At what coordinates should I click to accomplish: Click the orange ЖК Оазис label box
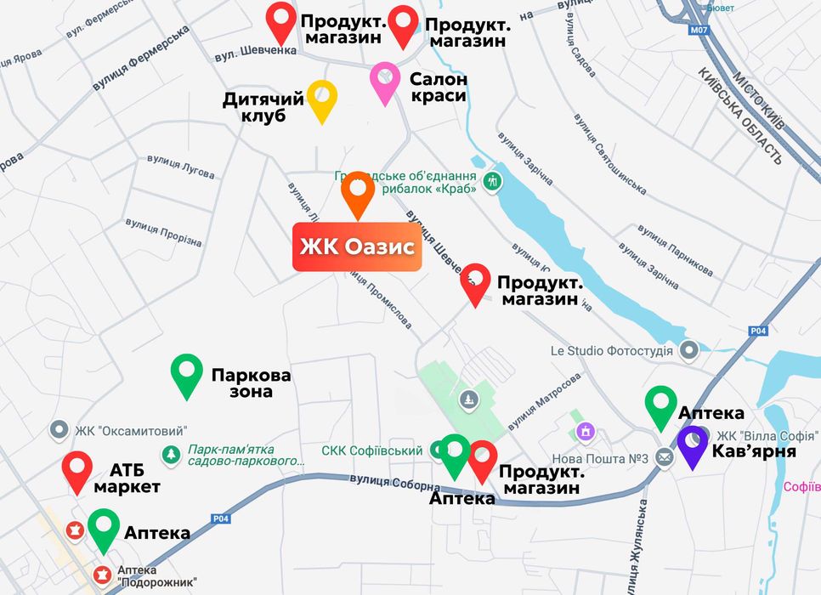coord(357,247)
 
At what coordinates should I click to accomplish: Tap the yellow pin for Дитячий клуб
coord(322,99)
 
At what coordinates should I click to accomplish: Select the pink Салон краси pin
coord(385,81)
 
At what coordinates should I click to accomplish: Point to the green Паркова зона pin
coord(187,374)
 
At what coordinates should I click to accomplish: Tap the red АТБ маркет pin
coord(77,471)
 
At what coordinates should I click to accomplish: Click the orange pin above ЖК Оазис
coord(358,193)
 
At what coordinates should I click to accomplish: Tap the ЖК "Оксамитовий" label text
coord(131,431)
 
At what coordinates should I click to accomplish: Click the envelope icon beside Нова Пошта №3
coord(665,459)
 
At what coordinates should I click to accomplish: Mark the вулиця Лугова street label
coord(181,166)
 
